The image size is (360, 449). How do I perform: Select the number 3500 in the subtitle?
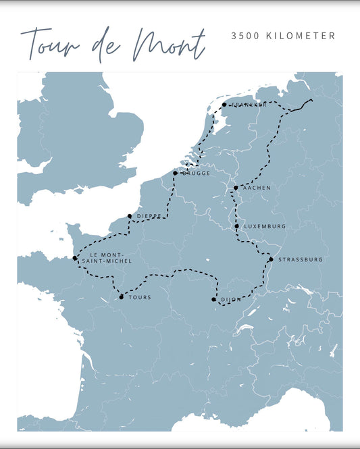(244, 36)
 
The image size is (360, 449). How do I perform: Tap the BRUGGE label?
(195, 174)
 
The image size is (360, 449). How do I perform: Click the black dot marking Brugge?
(175, 174)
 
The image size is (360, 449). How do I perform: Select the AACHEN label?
(257, 188)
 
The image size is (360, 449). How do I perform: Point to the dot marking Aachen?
(236, 188)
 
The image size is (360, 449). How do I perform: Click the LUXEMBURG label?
(265, 226)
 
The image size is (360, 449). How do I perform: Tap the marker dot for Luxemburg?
(237, 226)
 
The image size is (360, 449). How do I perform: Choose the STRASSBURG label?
(301, 259)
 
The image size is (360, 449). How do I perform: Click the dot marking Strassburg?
(271, 259)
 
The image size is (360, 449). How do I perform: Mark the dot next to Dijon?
(213, 300)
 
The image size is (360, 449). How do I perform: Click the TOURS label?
(140, 297)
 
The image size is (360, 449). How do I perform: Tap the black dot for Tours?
(122, 297)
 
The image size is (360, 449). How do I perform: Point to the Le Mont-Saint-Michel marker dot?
(75, 258)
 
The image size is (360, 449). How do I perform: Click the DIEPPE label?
(149, 216)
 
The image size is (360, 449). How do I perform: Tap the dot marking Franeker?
(224, 105)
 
